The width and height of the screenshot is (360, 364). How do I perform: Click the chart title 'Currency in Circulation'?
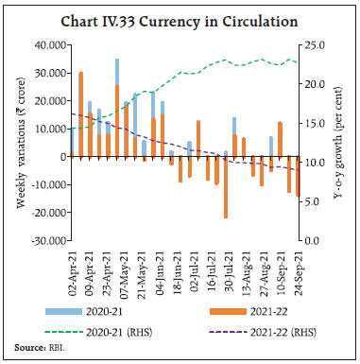[179, 16]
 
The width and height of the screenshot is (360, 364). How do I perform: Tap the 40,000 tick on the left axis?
[48, 44]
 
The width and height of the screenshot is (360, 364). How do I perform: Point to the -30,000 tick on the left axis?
[46, 241]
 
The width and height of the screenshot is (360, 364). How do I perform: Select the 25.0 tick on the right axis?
[319, 44]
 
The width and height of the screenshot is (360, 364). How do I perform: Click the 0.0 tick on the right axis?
[317, 241]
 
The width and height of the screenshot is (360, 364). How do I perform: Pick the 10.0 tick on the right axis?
[319, 163]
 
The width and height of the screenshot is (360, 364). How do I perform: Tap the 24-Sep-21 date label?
[299, 271]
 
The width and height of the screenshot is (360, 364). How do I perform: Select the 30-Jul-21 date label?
[227, 271]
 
